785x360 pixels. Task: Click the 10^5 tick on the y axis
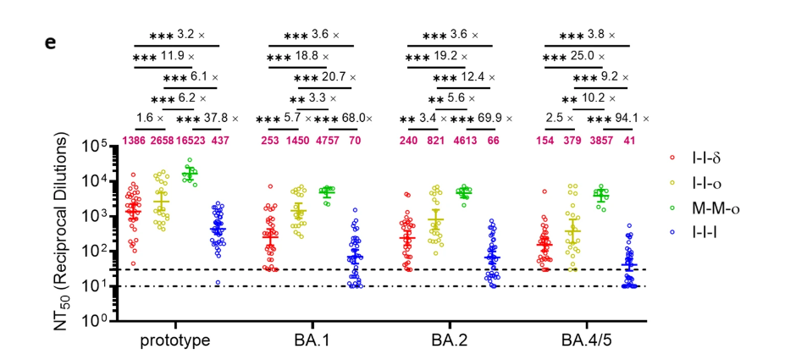point(101,147)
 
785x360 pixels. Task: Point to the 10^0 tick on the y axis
point(101,321)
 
